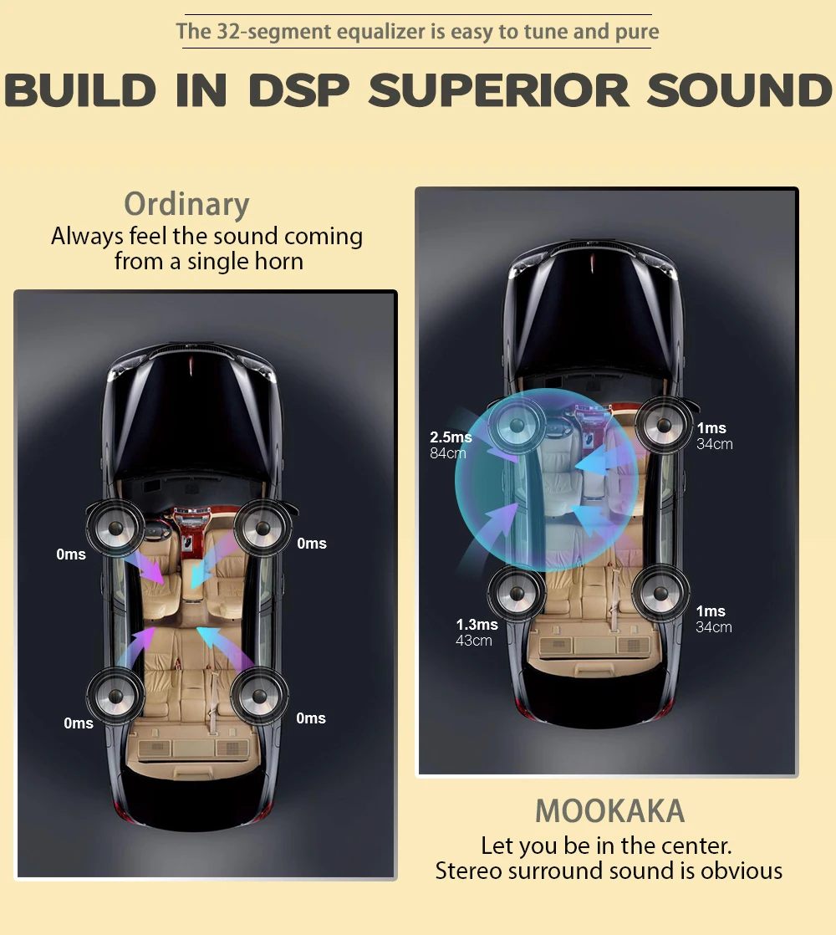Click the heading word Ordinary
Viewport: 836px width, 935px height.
coord(186,204)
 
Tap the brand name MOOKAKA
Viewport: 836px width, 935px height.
coord(609,810)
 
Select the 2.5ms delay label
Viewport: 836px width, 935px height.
coord(451,437)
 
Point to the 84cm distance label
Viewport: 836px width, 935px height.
coord(448,453)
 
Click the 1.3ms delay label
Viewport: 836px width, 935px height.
coord(477,625)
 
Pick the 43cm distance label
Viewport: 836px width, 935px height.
coord(474,641)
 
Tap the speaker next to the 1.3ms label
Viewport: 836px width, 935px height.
coord(516,594)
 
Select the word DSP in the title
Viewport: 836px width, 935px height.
coord(298,90)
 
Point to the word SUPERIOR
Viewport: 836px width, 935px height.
coord(499,90)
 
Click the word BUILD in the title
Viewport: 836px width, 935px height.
coord(81,90)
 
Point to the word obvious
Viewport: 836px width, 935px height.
coord(742,871)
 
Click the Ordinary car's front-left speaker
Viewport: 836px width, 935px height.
coord(115,527)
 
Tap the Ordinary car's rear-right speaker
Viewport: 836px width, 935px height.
coord(260,696)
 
